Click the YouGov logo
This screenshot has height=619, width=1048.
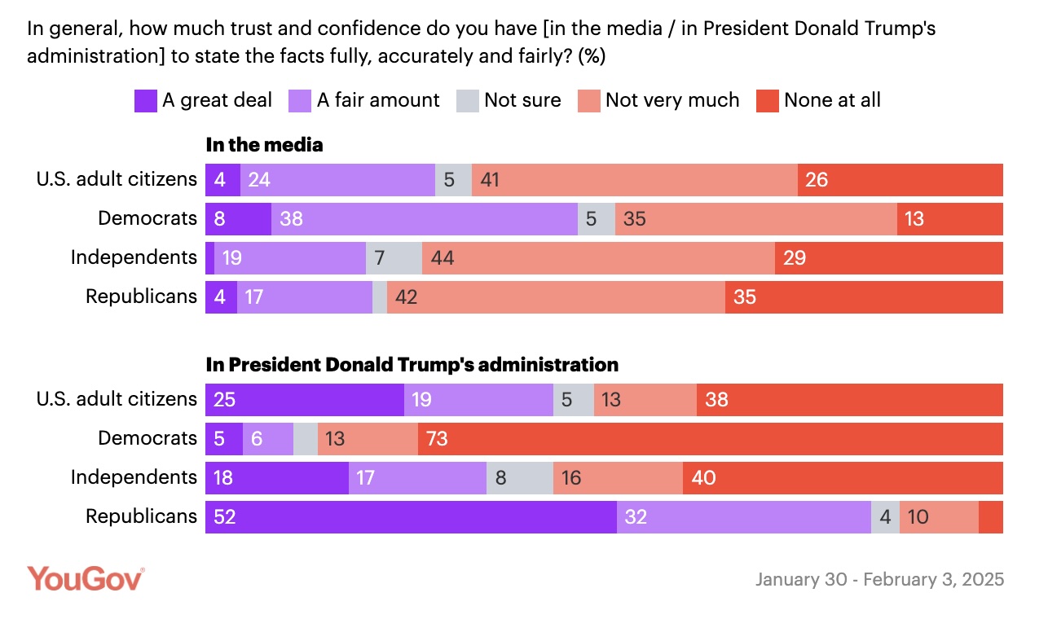point(86,578)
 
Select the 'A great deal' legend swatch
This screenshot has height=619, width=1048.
point(145,101)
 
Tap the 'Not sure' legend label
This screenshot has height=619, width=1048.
point(522,100)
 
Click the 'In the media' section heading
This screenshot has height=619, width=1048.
point(264,145)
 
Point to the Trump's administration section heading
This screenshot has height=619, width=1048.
point(412,364)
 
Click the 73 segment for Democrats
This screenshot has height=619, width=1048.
point(710,439)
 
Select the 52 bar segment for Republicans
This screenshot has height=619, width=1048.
point(411,517)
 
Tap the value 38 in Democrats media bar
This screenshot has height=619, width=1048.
point(424,219)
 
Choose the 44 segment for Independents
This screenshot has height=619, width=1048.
point(598,258)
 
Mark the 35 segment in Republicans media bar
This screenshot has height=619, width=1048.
point(864,297)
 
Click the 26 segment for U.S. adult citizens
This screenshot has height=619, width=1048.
point(900,180)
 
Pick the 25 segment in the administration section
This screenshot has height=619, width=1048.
point(305,400)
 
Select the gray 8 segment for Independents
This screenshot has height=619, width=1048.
point(519,478)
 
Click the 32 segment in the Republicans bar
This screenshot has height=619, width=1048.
point(743,517)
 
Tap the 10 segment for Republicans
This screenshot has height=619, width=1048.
point(939,517)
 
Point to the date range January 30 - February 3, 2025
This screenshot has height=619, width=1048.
point(879,580)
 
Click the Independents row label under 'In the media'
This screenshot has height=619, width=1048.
point(134,258)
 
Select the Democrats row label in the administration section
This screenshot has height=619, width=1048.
point(148,439)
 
